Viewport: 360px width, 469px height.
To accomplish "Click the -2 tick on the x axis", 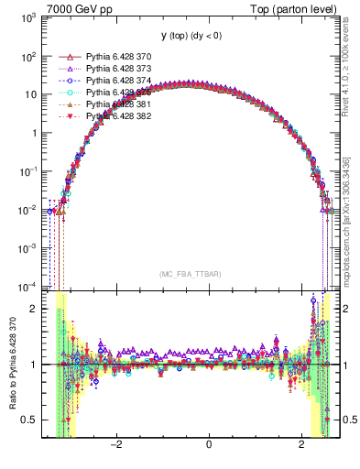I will pos(116,445).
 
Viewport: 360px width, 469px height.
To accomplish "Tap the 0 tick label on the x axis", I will pos(209,445).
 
